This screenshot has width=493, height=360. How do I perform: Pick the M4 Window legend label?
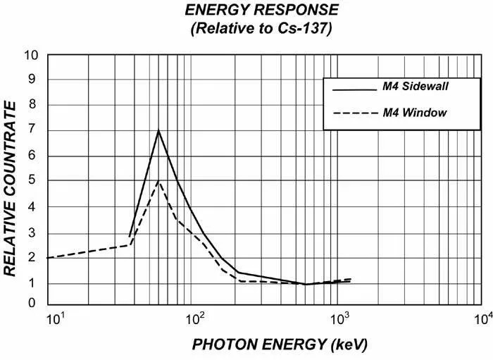[x=415, y=112]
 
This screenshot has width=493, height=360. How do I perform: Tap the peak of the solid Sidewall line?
[x=158, y=130]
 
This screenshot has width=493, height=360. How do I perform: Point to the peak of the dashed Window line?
[x=158, y=181]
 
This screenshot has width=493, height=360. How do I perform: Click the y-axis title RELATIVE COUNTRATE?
[x=11, y=188]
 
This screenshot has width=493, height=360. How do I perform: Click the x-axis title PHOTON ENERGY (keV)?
[x=270, y=345]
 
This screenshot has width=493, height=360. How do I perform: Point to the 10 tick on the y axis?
[x=32, y=56]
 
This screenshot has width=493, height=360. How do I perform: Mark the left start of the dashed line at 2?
[x=48, y=258]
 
